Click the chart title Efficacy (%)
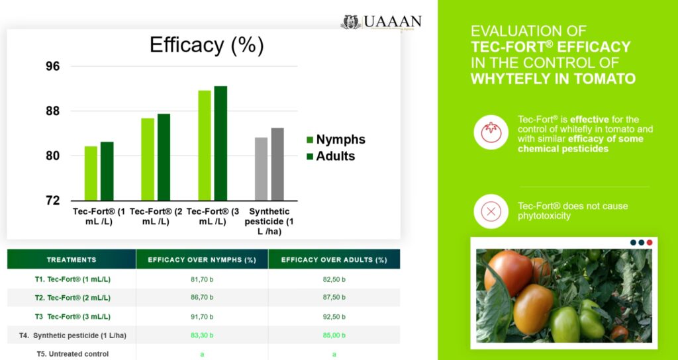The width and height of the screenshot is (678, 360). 207,46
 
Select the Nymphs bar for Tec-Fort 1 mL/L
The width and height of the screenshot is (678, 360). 91,173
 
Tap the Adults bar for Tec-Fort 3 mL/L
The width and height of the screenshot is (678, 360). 220,143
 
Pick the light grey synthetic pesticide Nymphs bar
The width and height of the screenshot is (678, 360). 262,169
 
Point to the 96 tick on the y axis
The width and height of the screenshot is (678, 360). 53,66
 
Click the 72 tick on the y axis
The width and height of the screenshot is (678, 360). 53,200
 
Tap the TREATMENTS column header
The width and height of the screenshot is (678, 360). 72,259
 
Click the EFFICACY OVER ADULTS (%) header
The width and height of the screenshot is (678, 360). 334,259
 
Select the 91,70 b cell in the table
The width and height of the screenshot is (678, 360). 202,316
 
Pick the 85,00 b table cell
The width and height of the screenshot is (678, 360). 334,335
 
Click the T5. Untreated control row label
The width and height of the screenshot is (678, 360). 73,354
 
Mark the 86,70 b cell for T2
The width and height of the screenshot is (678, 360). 202,298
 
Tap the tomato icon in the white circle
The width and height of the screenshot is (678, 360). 491,130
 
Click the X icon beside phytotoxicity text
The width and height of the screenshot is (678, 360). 491,212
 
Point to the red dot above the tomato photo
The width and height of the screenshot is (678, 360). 650,242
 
